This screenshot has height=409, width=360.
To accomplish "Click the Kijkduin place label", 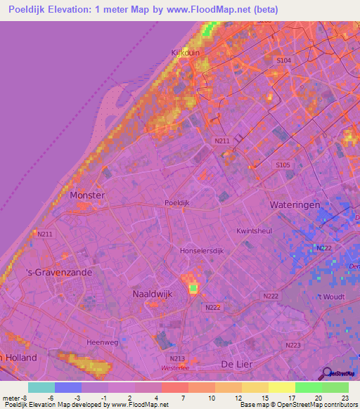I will [x=186, y=52].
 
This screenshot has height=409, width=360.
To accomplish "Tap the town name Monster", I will [x=87, y=195].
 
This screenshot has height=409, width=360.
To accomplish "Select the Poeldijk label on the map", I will [x=177, y=202].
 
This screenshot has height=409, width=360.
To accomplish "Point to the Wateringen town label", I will [x=295, y=204].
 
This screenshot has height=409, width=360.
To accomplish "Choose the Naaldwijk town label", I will [x=152, y=294].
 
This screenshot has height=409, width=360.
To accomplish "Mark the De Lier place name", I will [x=237, y=364].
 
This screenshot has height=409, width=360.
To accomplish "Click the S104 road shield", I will [x=283, y=61].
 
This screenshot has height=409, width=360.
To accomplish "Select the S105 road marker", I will [x=282, y=164].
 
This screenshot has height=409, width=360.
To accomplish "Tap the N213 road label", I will [x=177, y=358].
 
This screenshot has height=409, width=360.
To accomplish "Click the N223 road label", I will [x=293, y=344].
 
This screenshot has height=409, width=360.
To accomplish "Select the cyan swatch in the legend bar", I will [x=41, y=387].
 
